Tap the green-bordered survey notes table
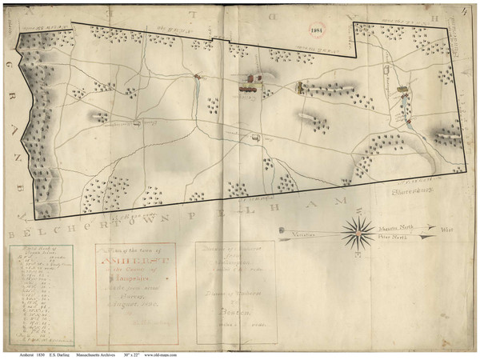[x=40, y=296]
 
